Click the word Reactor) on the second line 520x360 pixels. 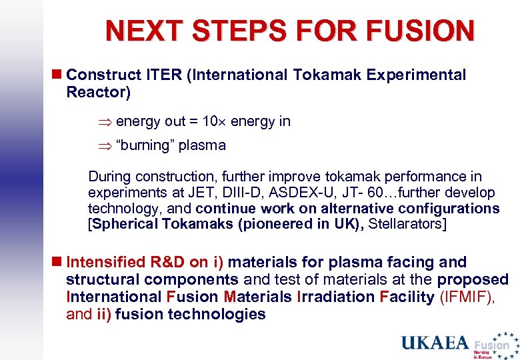(x=98, y=92)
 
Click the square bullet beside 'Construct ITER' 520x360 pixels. (x=57, y=75)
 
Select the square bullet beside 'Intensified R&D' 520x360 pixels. (x=57, y=263)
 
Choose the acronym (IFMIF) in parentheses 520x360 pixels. (x=467, y=297)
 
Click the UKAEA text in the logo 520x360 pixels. (x=435, y=343)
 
